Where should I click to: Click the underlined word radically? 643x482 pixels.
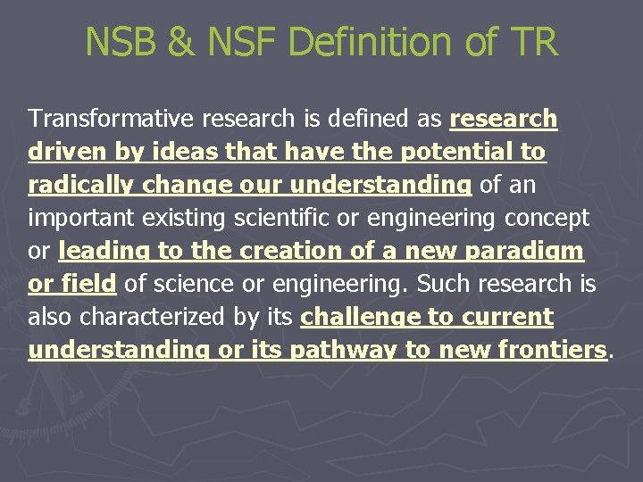coord(79,185)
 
